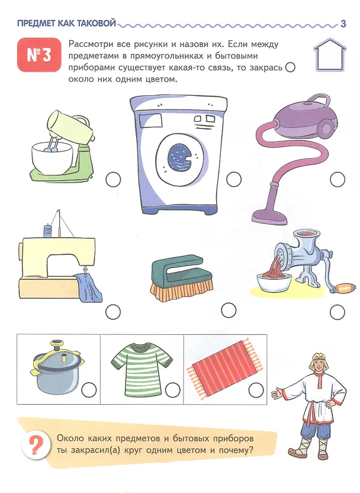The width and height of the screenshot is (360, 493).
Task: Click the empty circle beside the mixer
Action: click(113, 180)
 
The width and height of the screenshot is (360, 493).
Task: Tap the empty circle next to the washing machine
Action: click(234, 179)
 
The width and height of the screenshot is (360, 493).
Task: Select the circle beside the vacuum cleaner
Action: click(337, 180)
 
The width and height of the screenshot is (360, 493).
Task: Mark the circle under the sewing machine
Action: click(113, 312)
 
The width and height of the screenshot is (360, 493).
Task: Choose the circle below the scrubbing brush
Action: click(229, 310)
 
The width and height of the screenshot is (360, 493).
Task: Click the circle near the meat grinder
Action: click(337, 312)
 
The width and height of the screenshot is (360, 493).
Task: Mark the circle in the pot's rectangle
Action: click(89, 390)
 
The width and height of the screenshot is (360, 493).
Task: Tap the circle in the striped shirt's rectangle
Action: click(173, 390)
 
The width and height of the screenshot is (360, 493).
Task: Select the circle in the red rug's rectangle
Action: click(256, 390)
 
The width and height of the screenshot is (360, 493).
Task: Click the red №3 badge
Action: click(39, 55)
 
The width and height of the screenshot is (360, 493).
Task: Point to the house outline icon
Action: click(330, 55)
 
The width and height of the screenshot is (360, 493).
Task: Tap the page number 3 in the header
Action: click(343, 24)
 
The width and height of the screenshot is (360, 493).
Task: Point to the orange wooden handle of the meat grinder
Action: click(345, 288)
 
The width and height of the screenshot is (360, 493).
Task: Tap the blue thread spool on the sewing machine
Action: click(47, 229)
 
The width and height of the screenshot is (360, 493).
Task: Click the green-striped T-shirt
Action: click(142, 369)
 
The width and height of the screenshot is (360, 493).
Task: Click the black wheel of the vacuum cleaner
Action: click(326, 128)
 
